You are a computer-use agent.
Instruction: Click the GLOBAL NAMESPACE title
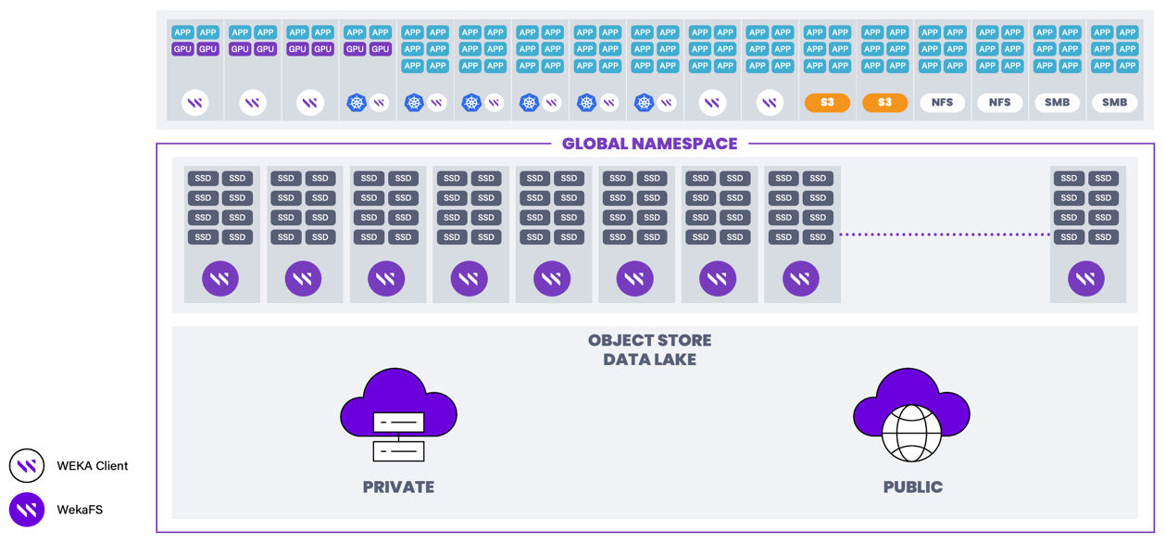click(x=649, y=144)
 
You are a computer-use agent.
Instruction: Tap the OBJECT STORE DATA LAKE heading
click(x=649, y=350)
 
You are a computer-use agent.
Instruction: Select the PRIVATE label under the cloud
click(x=398, y=487)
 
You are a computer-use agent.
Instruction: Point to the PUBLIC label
click(x=912, y=487)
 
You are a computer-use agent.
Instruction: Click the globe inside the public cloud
click(x=911, y=432)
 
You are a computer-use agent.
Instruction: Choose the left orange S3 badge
click(x=827, y=103)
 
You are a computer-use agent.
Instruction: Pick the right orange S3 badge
click(x=884, y=103)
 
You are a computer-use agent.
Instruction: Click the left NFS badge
click(x=942, y=103)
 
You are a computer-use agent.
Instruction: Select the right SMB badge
click(x=1114, y=103)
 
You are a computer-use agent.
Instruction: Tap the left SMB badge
click(x=1057, y=103)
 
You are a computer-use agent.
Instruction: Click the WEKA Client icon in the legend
click(x=27, y=466)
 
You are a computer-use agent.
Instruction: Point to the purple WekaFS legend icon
click(x=27, y=510)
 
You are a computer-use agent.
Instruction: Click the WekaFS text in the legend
click(x=80, y=510)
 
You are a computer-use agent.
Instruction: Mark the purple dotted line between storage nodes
click(x=945, y=235)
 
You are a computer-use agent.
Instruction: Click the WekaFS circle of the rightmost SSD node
click(x=1085, y=278)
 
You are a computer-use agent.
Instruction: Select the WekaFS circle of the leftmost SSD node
click(x=220, y=278)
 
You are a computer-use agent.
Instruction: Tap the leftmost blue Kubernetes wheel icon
click(x=357, y=103)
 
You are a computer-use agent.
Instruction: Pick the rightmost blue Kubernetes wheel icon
click(x=644, y=103)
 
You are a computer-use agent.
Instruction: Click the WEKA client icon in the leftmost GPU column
click(x=194, y=103)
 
